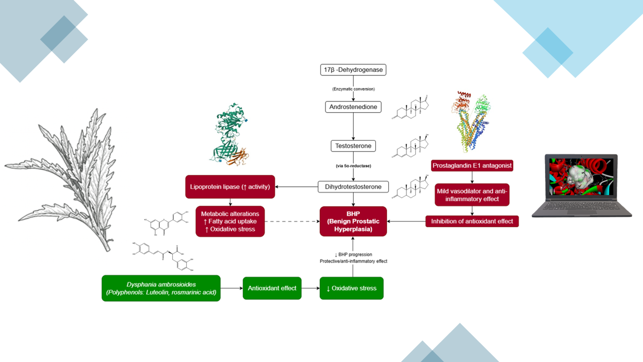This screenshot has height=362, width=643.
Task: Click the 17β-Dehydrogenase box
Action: click(353, 70)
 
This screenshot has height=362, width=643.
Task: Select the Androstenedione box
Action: click(353, 107)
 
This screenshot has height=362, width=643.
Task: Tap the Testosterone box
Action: click(353, 146)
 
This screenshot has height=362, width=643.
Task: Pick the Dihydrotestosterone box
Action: click(353, 187)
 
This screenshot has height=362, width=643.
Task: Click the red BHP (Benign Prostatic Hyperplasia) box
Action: click(353, 221)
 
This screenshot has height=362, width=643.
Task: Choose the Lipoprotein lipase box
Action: click(230, 187)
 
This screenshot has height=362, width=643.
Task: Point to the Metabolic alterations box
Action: click(230, 221)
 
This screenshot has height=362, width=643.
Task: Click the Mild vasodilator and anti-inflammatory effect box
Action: click(472, 194)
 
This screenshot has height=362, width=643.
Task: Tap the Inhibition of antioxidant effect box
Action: click(472, 221)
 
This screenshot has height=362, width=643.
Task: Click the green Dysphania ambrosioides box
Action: click(161, 288)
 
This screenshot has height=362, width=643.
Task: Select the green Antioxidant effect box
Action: click(272, 288)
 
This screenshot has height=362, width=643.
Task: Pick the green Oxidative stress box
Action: click(351, 288)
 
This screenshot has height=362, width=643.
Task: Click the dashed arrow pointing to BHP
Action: click(291, 221)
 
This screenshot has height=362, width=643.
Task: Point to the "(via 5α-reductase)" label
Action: click(353, 165)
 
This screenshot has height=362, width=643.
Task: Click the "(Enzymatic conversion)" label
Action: click(353, 89)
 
